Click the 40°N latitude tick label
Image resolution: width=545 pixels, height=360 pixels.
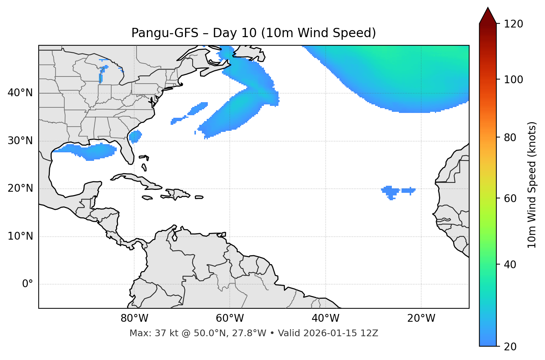20,93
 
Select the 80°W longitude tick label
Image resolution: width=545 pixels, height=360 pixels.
134,318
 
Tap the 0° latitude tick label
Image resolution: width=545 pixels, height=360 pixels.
27,284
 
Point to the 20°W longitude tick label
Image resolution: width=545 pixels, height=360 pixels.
421,318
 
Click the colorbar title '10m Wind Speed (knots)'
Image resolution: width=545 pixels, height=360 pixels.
532,185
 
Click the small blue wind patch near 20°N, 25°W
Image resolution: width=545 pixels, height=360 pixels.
390,191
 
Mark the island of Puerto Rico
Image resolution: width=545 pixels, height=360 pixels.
199,197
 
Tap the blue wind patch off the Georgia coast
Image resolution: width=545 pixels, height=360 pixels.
135,136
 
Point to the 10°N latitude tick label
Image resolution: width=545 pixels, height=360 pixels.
20,236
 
